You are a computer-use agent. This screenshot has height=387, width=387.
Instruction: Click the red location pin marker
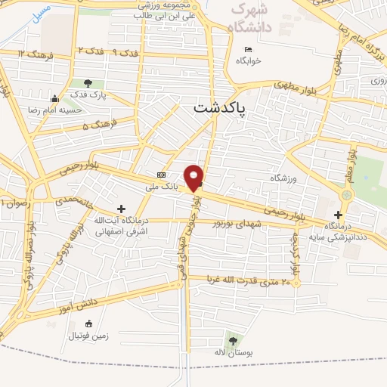click(194, 177)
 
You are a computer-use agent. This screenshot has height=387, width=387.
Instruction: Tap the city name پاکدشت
click(220, 109)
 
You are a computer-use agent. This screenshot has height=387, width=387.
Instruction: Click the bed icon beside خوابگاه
click(247, 51)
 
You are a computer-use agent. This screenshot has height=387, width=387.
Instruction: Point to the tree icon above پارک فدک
click(88, 83)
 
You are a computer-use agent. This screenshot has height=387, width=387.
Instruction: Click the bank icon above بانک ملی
click(160, 175)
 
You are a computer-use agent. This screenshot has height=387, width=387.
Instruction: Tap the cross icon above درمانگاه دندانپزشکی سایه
click(339, 215)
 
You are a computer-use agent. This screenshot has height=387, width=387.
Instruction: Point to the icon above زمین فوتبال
click(89, 324)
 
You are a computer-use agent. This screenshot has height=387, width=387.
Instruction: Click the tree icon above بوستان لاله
click(231, 341)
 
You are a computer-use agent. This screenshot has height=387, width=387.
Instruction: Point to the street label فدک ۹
click(126, 53)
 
